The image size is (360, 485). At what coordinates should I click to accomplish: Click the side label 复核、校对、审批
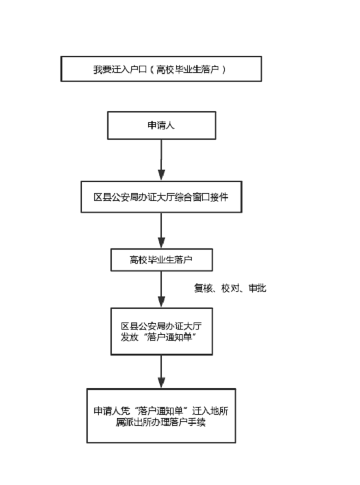point(230,288)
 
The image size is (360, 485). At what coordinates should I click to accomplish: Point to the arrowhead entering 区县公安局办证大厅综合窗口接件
point(161,175)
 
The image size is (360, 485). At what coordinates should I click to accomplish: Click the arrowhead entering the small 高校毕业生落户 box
point(161,242)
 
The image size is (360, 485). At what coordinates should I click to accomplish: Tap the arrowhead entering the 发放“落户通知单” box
point(161,302)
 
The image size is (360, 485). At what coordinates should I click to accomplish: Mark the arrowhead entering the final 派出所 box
point(161,383)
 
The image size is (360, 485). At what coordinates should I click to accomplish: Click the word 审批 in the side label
point(257,288)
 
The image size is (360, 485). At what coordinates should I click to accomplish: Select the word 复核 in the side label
point(203,288)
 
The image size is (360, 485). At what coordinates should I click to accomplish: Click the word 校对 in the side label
point(231,288)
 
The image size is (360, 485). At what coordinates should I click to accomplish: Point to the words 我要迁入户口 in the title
point(120,70)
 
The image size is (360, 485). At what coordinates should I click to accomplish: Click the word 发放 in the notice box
point(129,337)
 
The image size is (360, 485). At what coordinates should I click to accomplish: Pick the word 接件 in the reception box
point(219,197)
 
